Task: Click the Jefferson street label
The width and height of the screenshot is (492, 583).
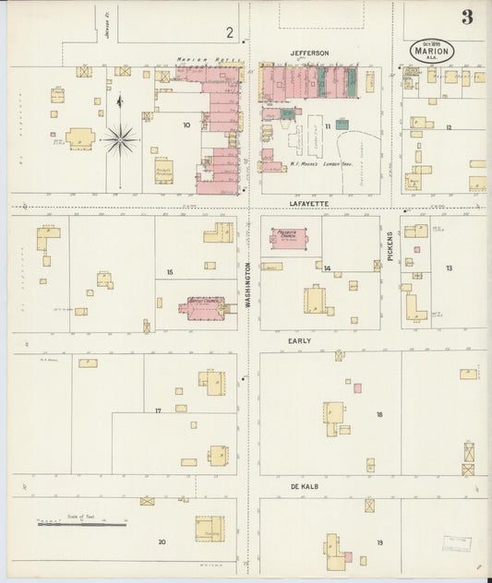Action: tap(308, 54)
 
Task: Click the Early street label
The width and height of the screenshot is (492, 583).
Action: tap(299, 341)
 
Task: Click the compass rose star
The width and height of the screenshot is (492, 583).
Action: tap(119, 139)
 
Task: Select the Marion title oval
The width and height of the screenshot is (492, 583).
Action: tap(432, 50)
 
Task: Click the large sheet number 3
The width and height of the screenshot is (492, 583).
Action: tap(468, 17)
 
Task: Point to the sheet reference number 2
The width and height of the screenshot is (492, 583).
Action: tap(229, 32)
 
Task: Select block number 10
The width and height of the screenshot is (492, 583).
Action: tap(186, 125)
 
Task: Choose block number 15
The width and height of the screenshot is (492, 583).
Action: tap(170, 272)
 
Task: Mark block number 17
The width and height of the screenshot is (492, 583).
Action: tap(158, 410)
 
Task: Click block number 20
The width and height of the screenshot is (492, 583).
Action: tap(162, 542)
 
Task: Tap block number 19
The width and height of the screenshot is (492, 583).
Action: tap(378, 542)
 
